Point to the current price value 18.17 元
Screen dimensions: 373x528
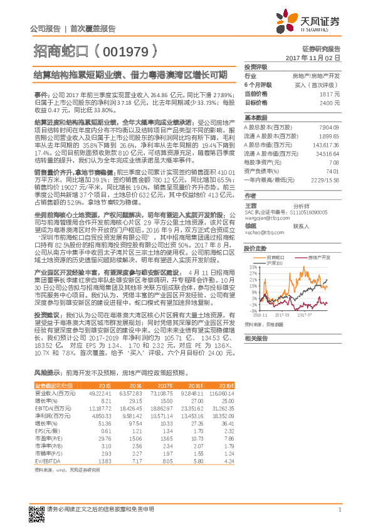332,93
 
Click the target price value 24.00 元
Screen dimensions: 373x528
332,102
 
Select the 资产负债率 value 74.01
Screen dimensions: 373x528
333,170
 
